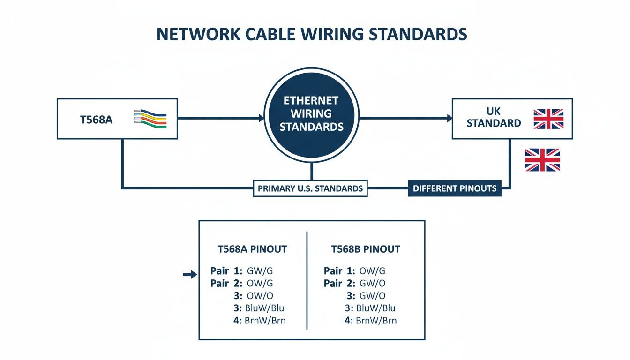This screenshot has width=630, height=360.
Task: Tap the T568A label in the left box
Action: [97, 119]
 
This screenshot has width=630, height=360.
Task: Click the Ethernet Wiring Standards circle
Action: [311, 114]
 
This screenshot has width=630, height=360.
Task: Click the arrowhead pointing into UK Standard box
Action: [447, 119]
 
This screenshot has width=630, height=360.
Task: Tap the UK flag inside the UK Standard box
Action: [548, 119]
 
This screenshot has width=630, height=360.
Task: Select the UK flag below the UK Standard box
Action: [542, 160]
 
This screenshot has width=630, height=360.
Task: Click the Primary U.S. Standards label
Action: [310, 188]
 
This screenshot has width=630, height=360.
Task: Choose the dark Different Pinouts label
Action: [454, 188]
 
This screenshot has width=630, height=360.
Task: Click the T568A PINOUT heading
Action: [252, 249]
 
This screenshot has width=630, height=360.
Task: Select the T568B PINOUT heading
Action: [366, 249]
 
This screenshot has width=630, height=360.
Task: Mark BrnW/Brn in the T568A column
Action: [265, 321]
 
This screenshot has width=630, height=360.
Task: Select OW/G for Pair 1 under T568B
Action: [372, 271]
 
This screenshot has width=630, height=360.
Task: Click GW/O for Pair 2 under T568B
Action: [372, 284]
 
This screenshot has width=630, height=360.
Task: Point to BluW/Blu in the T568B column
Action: [375, 308]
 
